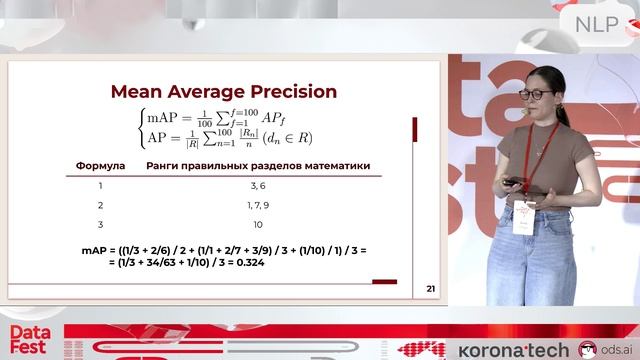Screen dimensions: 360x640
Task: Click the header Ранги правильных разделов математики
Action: coord(257,164)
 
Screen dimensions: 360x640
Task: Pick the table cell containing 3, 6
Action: coord(257,185)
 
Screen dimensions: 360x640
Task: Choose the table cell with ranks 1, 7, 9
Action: coord(257,205)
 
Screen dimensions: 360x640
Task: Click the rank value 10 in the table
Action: coord(257,225)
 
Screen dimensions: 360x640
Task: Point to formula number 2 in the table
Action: coord(100,205)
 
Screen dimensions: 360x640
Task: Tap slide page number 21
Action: coord(431,290)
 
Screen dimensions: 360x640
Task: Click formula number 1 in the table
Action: coord(100,185)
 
